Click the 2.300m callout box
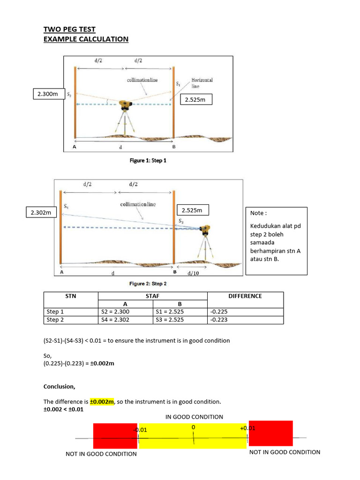coord(48,94)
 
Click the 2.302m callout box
coord(41,213)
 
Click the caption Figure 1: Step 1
coord(148,160)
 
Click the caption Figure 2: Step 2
coord(148,284)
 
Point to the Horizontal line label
coord(202,83)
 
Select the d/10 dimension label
coord(193,274)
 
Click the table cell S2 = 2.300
coord(115,312)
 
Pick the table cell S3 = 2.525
coord(169,320)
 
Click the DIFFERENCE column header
coord(245,296)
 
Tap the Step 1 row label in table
coord(56,312)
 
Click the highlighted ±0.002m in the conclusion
coord(102,402)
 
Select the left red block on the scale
coord(115,436)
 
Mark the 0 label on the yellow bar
coord(193,427)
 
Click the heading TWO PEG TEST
coord(69,29)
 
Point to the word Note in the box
coord(258,213)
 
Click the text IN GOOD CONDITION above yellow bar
coord(194,417)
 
